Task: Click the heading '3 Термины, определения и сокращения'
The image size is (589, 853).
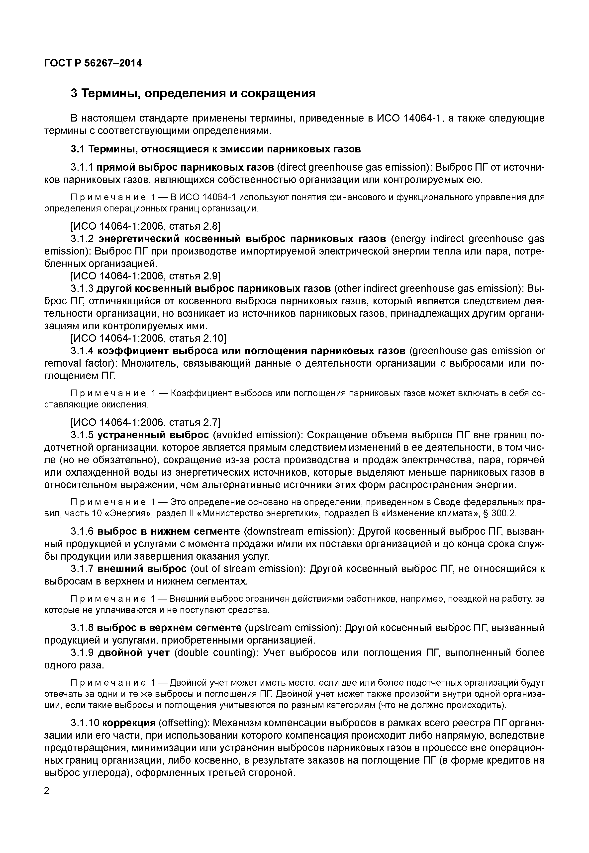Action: pos(193,94)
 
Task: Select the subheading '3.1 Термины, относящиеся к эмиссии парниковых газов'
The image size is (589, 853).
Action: pos(215,149)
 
